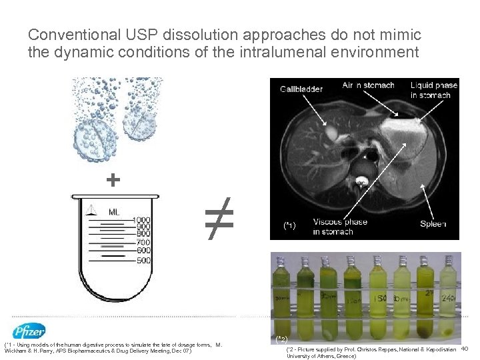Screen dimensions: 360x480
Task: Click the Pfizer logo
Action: (29, 331)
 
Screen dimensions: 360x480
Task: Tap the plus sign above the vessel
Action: (114, 180)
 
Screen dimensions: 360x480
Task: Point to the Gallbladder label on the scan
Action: (301, 89)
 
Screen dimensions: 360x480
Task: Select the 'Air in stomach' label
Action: (368, 85)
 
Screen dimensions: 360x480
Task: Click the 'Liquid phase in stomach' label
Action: (433, 90)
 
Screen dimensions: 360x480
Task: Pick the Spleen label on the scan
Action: (433, 224)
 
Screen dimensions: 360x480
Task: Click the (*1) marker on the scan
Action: (289, 226)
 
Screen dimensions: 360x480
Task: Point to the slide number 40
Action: (465, 349)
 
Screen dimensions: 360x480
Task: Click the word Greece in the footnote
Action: (344, 356)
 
